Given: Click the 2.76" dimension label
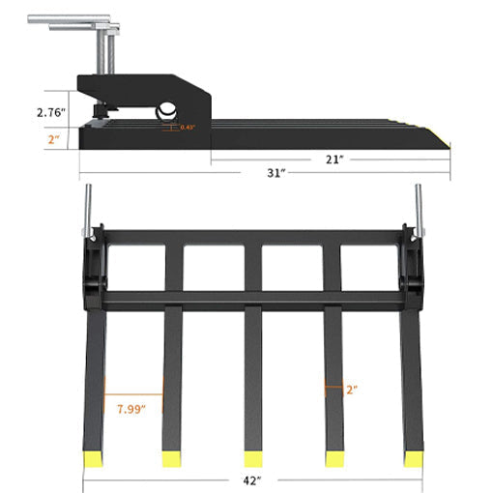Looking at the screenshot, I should [48, 113].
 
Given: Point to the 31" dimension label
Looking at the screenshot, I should [276, 173].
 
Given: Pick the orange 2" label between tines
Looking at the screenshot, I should [351, 390].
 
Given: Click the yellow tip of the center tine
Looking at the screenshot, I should [254, 456].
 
